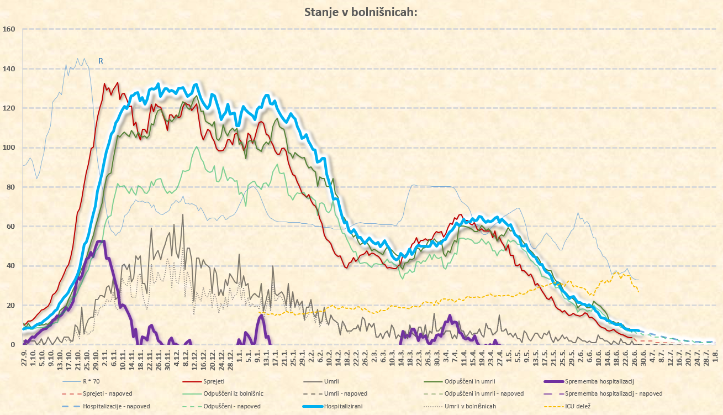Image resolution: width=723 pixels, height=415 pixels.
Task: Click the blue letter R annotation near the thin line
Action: tap(101, 61)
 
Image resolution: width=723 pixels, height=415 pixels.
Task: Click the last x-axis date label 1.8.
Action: tap(716, 355)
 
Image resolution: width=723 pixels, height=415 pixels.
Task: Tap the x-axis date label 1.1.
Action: tap(240, 355)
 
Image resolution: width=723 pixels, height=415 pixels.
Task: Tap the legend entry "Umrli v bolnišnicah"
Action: tap(470, 406)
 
